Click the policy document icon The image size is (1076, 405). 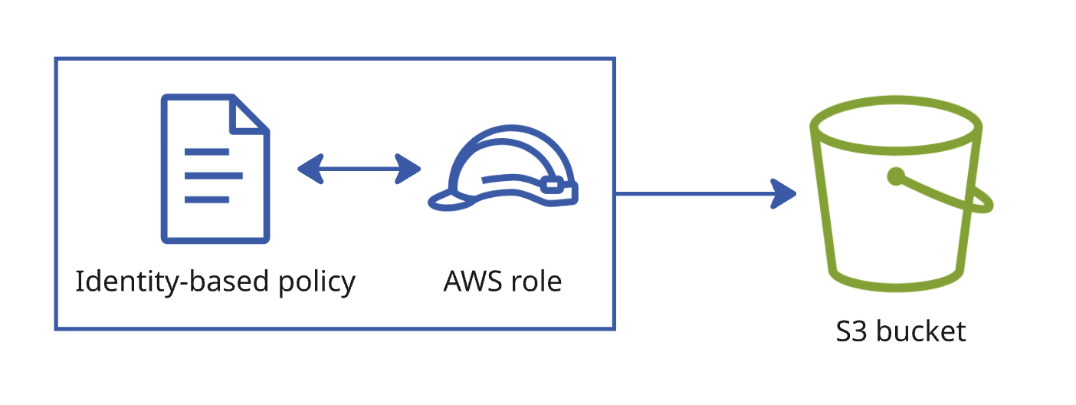point(215,168)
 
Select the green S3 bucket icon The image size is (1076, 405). point(901,193)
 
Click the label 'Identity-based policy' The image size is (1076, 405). point(215,282)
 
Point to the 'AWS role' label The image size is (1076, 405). point(503,281)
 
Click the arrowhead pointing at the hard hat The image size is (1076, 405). point(408,169)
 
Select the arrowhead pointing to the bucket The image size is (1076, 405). point(783,194)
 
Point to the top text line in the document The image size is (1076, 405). point(207,152)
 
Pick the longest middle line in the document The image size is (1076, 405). point(213,176)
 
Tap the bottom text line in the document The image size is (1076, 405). point(207,199)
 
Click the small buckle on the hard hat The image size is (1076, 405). point(553,185)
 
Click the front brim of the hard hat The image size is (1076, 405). point(449,202)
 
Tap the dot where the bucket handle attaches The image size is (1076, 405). point(896,176)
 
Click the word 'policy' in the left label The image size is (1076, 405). point(317,283)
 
